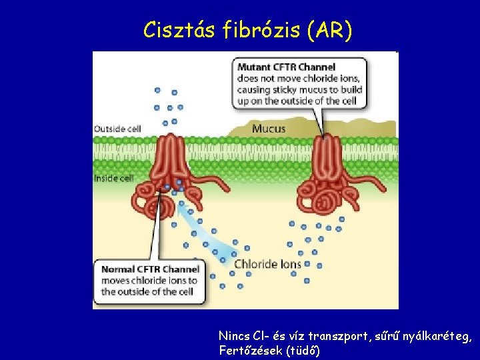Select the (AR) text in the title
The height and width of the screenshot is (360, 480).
point(329,30)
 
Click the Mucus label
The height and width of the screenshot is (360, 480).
point(268,129)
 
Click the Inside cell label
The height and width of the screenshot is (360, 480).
point(114,178)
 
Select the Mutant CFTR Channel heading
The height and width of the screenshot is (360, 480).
point(286,67)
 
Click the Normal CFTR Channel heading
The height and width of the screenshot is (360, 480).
point(150,269)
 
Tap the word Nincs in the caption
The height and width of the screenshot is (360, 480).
point(233,337)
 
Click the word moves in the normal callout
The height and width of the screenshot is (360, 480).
point(115,281)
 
